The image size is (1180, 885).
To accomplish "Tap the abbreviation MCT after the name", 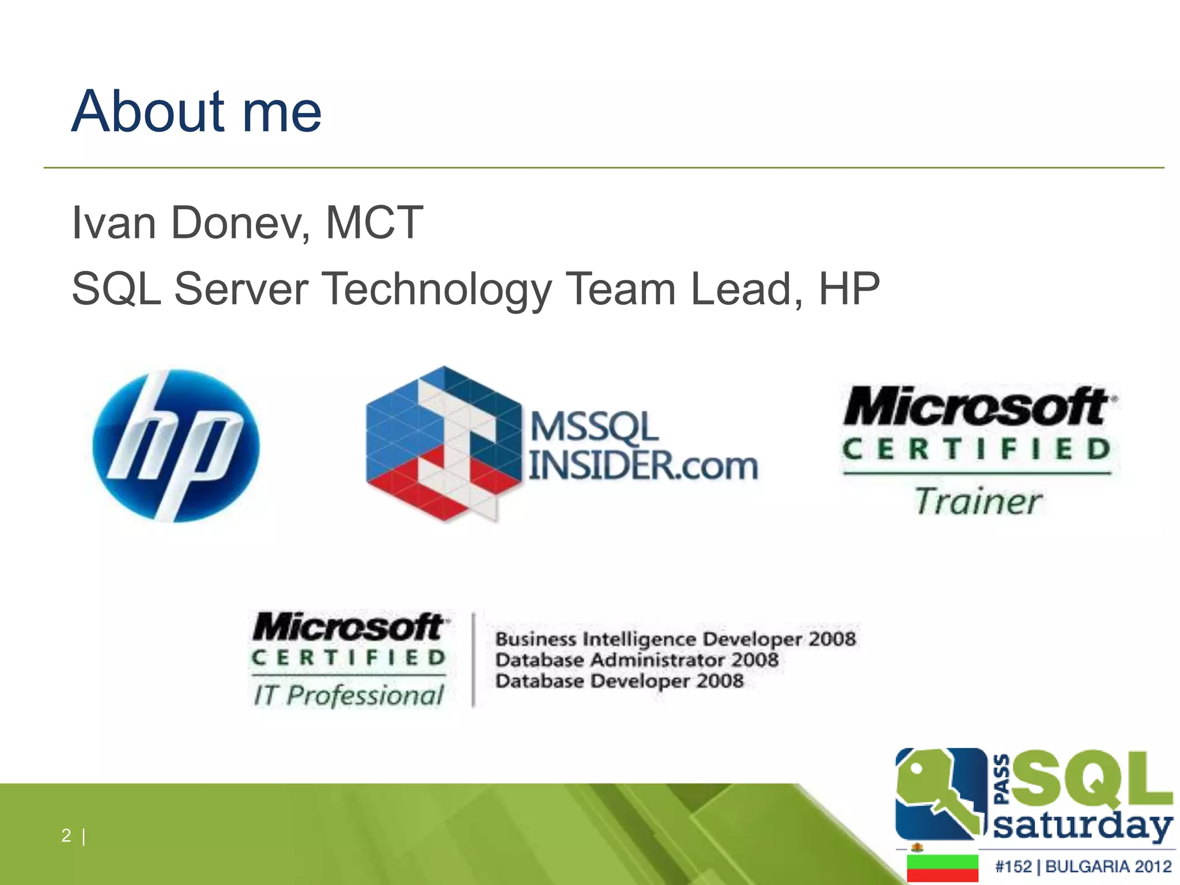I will (x=375, y=223).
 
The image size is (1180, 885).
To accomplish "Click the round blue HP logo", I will (x=176, y=446).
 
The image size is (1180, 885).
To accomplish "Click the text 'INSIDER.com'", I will (x=643, y=466).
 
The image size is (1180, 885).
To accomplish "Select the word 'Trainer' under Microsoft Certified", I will (x=978, y=501).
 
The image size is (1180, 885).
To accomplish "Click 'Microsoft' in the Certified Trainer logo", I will (x=977, y=407).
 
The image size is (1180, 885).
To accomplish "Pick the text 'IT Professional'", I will (x=349, y=695).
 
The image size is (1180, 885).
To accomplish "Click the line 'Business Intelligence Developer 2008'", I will (x=675, y=639).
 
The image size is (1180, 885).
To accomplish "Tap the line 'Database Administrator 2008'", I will (x=637, y=660).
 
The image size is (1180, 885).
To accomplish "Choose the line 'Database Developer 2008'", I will (x=619, y=681).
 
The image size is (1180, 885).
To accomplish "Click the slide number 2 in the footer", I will (x=66, y=835).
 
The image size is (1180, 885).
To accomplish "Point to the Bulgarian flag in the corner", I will (x=943, y=867).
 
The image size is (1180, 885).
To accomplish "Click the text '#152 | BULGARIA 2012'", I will (x=1083, y=867).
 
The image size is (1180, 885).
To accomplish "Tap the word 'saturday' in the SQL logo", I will (x=1083, y=826).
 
